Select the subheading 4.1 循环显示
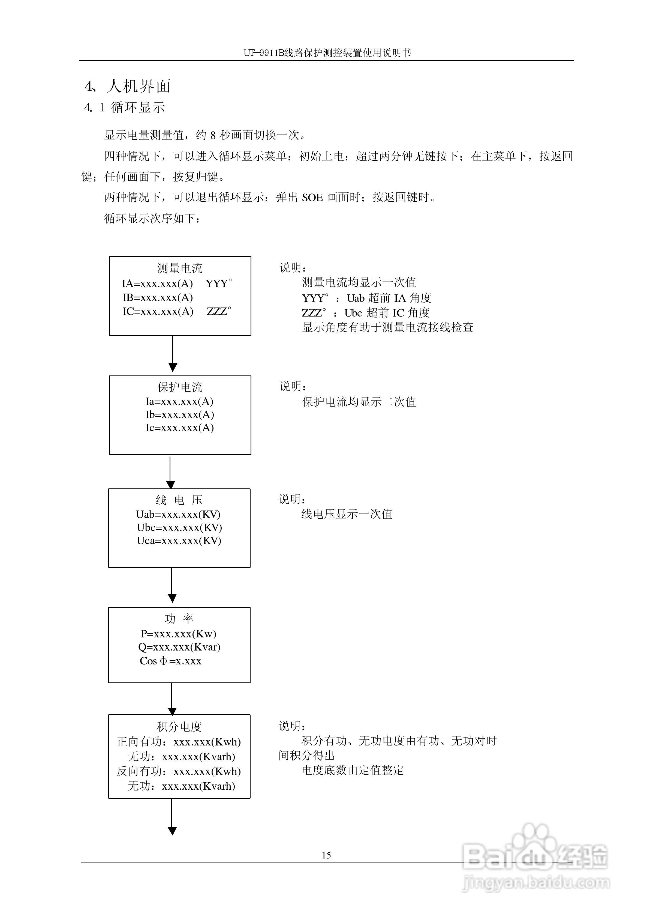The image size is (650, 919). point(125,107)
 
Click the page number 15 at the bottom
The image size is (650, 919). point(326,855)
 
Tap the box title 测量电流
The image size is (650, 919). point(180,268)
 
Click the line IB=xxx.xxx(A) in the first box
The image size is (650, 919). point(158,297)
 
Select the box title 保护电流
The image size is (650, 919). point(180,387)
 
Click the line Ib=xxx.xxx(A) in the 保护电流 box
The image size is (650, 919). point(180,414)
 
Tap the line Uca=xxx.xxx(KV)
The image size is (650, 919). point(179,541)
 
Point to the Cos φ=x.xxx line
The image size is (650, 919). point(170,661)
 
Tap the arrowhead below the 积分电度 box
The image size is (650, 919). point(172,831)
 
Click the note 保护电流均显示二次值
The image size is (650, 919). point(359,402)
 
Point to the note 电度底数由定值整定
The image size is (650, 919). point(353,770)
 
